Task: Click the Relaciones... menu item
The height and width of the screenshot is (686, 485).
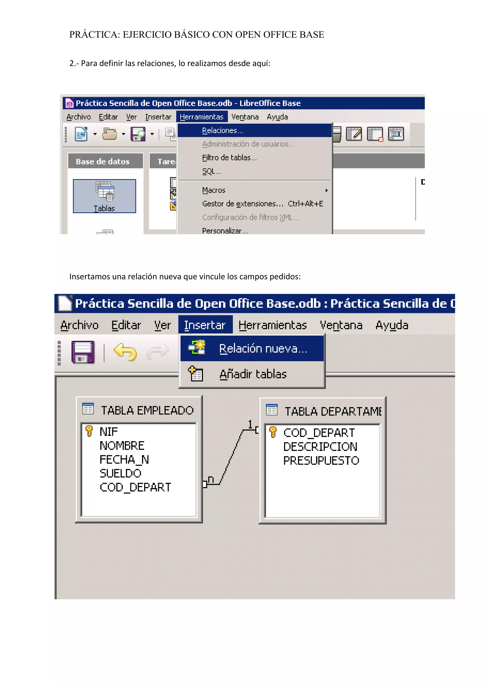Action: (223, 131)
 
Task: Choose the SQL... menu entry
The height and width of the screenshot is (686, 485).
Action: (211, 171)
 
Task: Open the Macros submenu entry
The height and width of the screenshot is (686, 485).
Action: (214, 190)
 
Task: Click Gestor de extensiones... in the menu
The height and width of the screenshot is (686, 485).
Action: (242, 204)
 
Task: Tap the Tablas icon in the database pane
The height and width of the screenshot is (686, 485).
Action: (104, 196)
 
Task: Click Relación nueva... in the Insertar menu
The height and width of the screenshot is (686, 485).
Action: (263, 349)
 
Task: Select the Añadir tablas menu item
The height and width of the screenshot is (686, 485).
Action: (253, 374)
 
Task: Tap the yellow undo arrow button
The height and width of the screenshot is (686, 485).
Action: (125, 352)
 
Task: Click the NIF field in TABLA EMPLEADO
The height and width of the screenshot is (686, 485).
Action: (109, 432)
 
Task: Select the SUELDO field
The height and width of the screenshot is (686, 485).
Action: (120, 473)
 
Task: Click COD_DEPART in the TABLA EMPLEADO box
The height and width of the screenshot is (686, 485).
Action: (135, 487)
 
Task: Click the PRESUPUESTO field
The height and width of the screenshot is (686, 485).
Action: (321, 460)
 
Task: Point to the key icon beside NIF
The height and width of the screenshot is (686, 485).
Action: (89, 431)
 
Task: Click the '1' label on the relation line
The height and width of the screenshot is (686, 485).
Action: (250, 424)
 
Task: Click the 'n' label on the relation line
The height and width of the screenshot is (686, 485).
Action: (211, 479)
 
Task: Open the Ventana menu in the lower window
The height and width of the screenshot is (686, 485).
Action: (341, 325)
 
